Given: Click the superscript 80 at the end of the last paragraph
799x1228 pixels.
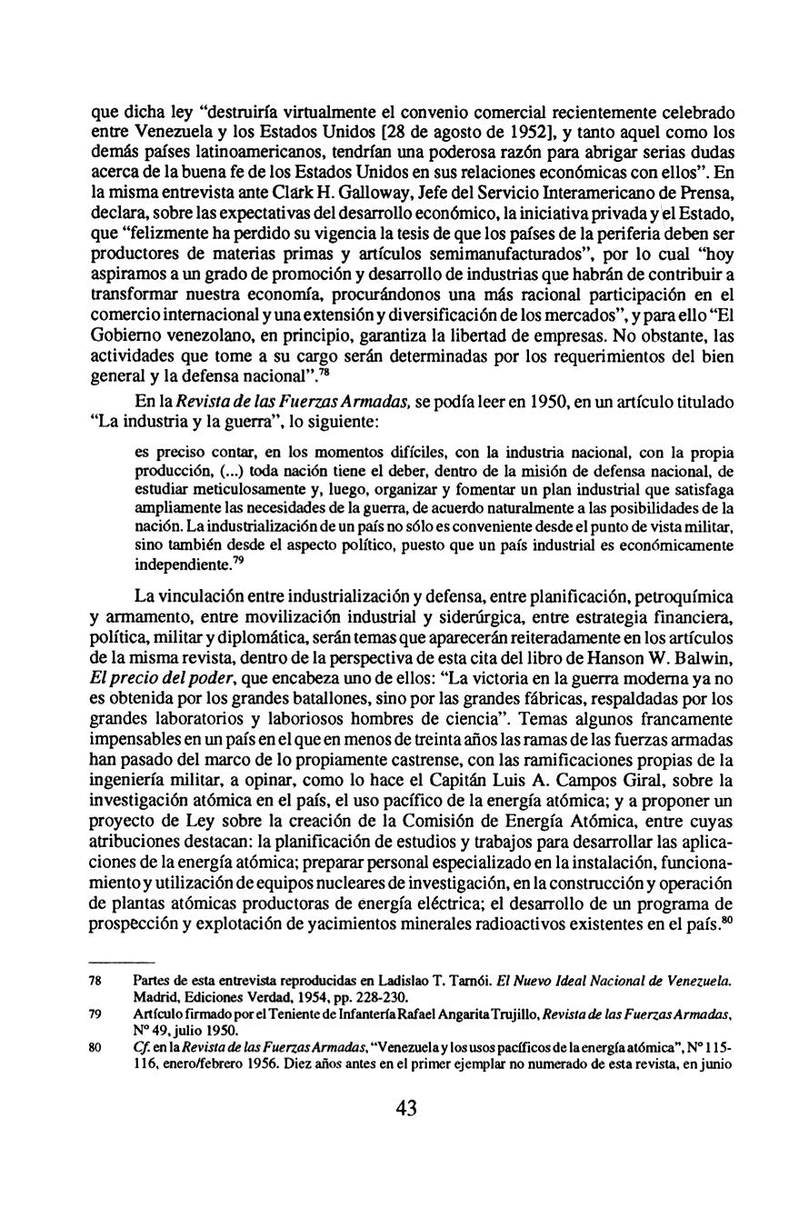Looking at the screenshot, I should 727,917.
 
